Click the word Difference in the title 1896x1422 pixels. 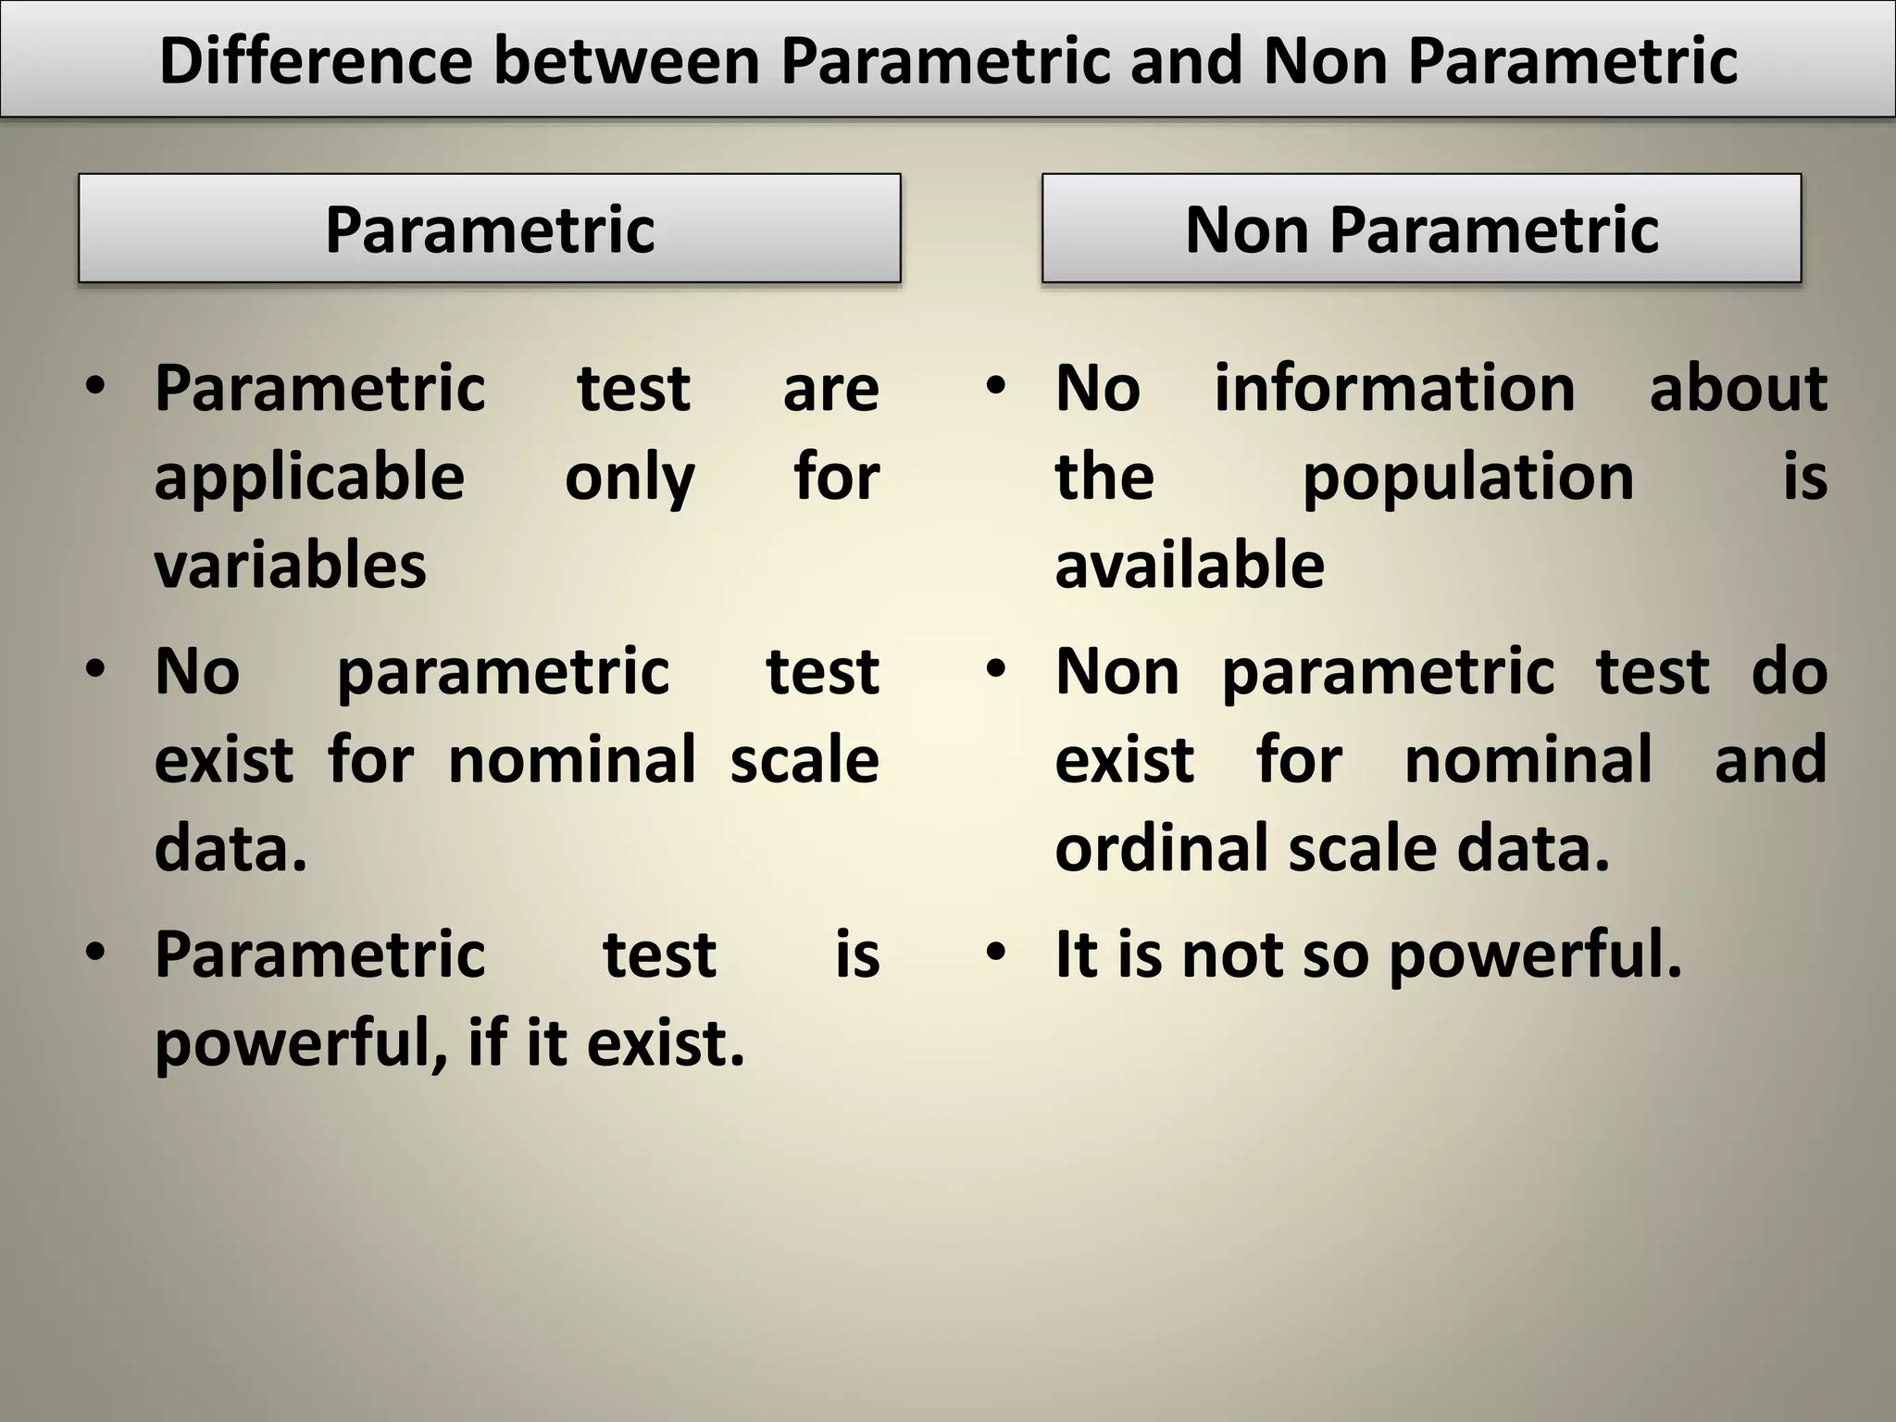[316, 61]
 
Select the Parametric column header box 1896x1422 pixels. [489, 229]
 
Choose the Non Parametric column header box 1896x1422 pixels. [1421, 229]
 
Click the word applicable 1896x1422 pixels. [309, 478]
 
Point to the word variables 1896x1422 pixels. [290, 566]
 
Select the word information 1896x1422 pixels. [1394, 388]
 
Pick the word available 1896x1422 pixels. [1190, 566]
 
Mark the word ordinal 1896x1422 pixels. [1162, 849]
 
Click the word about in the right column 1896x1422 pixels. [1738, 388]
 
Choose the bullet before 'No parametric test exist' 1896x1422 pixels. [94, 668]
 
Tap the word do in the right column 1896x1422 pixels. [1789, 671]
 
